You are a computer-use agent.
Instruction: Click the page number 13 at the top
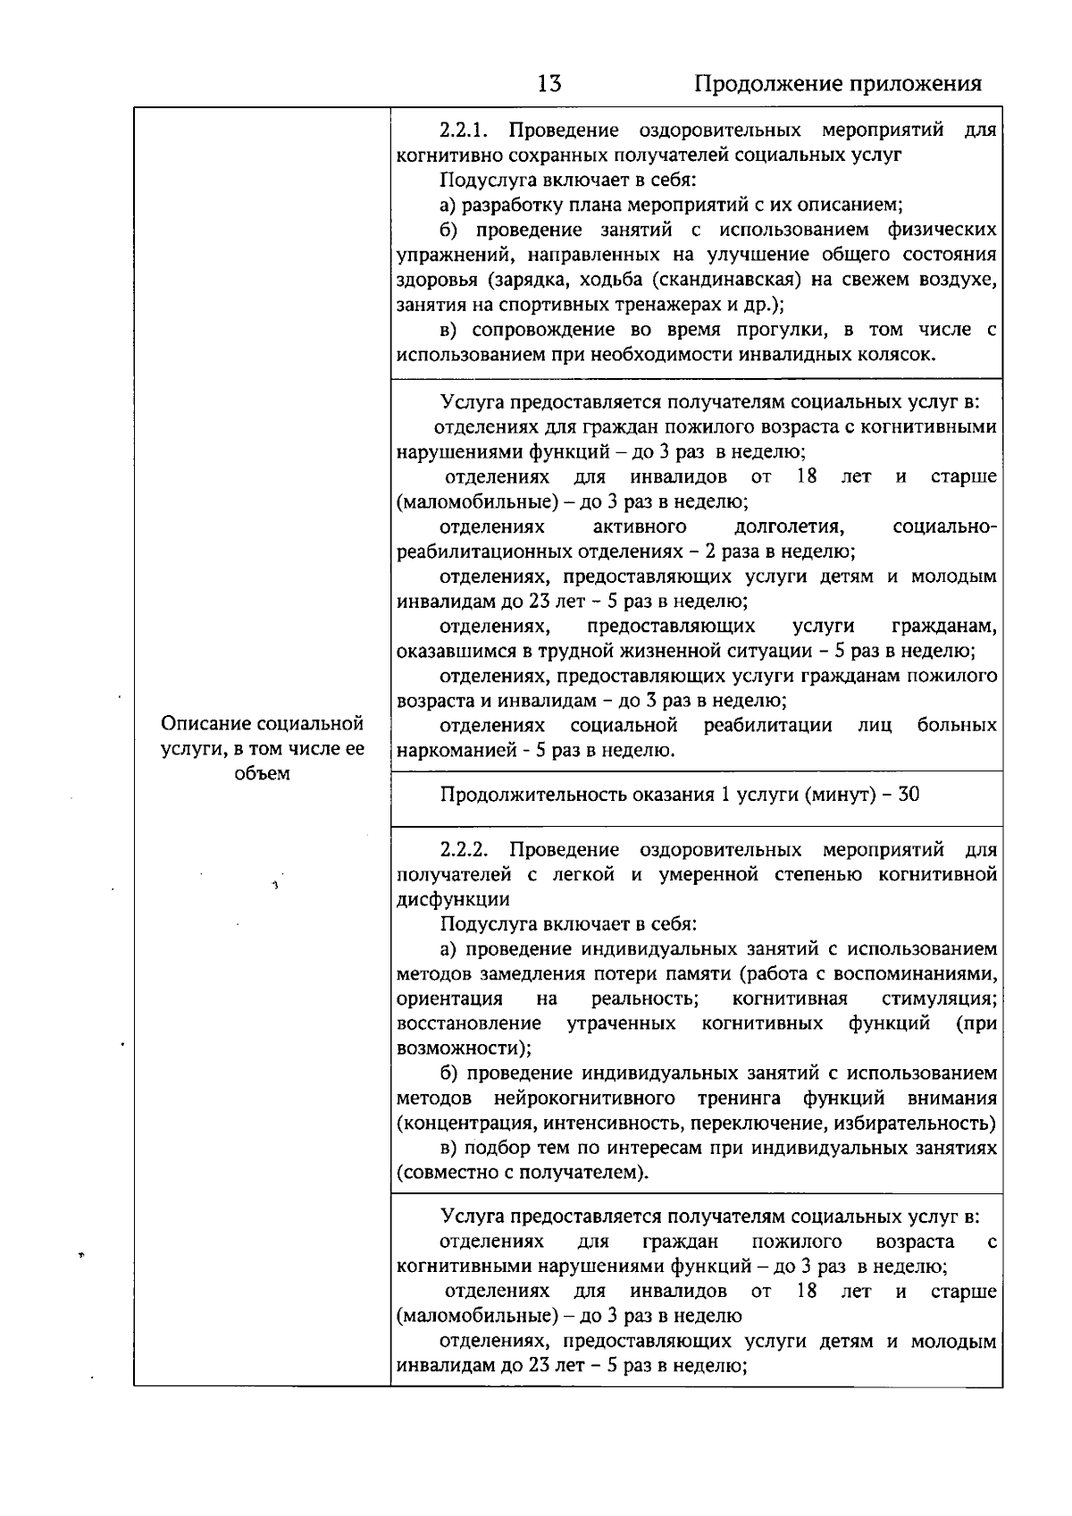pos(549,84)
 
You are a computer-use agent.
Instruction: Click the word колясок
pos(900,355)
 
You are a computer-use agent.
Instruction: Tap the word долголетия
pos(789,526)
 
